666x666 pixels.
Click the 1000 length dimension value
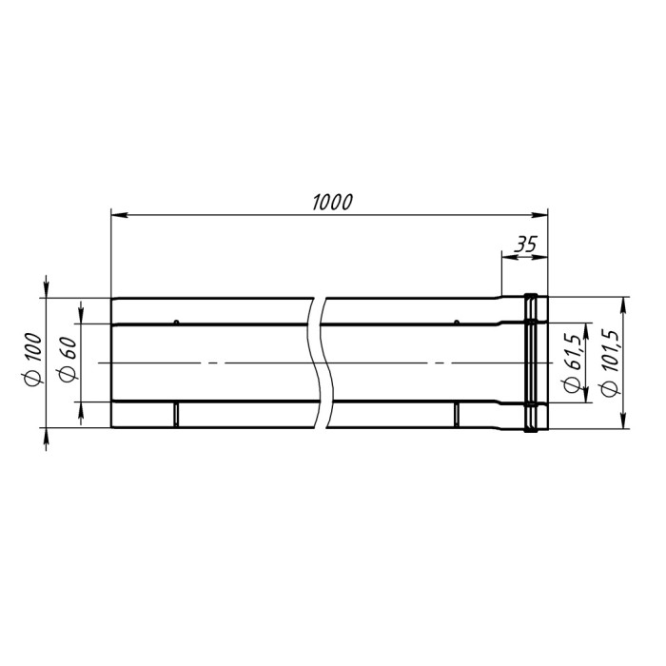click(x=333, y=203)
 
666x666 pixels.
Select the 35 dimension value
click(x=525, y=245)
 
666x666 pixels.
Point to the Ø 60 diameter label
click(x=69, y=360)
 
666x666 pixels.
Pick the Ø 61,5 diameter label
click(x=571, y=362)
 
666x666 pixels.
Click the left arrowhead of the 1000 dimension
click(x=119, y=215)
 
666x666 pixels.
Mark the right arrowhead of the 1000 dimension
click(x=539, y=215)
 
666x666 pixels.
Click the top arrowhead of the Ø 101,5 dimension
click(x=623, y=305)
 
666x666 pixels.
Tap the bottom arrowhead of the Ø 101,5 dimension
click(x=623, y=421)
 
